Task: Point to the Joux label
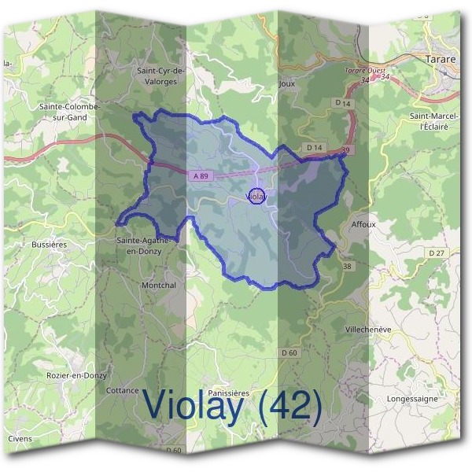[286, 81]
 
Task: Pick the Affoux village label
[363, 223]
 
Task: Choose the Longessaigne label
[412, 399]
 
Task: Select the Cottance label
[122, 390]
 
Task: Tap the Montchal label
[158, 285]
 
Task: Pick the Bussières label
[49, 244]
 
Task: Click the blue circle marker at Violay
[256, 196]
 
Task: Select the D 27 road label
[437, 253]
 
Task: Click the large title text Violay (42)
[233, 407]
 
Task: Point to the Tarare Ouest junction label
[360, 71]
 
